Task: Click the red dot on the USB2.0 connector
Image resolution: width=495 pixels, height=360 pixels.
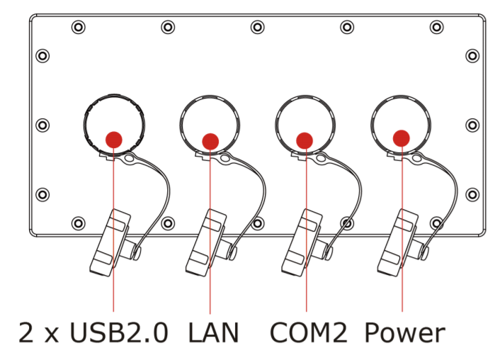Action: coord(113,139)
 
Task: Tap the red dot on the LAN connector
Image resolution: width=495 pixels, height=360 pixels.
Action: coord(210,141)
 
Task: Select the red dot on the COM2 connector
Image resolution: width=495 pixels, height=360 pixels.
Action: coord(305,140)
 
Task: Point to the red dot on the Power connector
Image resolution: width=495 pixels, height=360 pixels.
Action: coord(401,137)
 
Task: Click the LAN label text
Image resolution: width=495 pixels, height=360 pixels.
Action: coord(213,333)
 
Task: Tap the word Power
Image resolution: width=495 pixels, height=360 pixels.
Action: coord(405,333)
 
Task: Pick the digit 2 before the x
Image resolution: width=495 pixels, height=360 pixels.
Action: coord(27,333)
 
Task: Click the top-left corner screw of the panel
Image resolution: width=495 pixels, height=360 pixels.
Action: coord(78,28)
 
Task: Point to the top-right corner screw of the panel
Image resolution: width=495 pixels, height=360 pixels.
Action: coord(437,28)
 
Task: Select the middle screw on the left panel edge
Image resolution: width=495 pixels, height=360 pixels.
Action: coord(42,125)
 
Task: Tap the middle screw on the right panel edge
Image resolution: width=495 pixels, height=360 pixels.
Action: coord(472,125)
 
